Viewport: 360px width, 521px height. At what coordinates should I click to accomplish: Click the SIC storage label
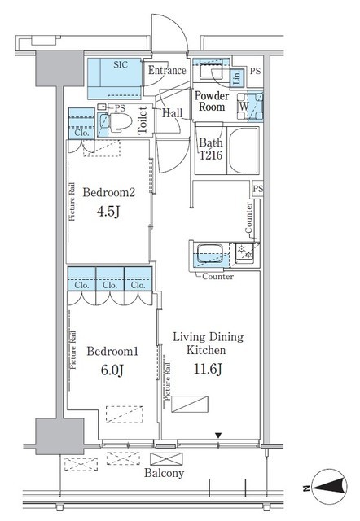tap(121, 64)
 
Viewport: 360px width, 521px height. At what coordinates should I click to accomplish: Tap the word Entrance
tap(167, 71)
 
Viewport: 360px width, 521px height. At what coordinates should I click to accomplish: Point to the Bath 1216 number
tap(211, 155)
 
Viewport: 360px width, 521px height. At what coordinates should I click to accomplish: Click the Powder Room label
tap(212, 101)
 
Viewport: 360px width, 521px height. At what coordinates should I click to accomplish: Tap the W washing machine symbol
tap(244, 107)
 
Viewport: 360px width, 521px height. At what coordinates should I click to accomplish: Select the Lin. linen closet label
tap(237, 77)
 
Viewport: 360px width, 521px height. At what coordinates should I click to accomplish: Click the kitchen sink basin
tap(210, 253)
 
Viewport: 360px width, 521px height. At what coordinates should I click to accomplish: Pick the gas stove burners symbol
tap(244, 252)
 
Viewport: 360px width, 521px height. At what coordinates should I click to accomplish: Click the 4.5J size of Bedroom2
tap(108, 212)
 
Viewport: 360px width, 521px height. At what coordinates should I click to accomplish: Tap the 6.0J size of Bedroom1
tap(112, 370)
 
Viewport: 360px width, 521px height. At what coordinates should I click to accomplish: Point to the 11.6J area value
tap(208, 369)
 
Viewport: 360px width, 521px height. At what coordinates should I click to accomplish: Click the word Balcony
tap(164, 473)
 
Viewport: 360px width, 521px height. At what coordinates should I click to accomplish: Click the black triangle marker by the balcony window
tap(218, 435)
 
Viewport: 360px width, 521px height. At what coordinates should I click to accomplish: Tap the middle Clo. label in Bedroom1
tap(110, 285)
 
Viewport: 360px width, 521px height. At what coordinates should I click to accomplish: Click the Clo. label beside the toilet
tap(81, 133)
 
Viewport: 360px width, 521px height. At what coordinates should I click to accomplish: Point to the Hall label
tap(172, 113)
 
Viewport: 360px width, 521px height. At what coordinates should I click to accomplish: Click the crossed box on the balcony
tap(166, 459)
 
